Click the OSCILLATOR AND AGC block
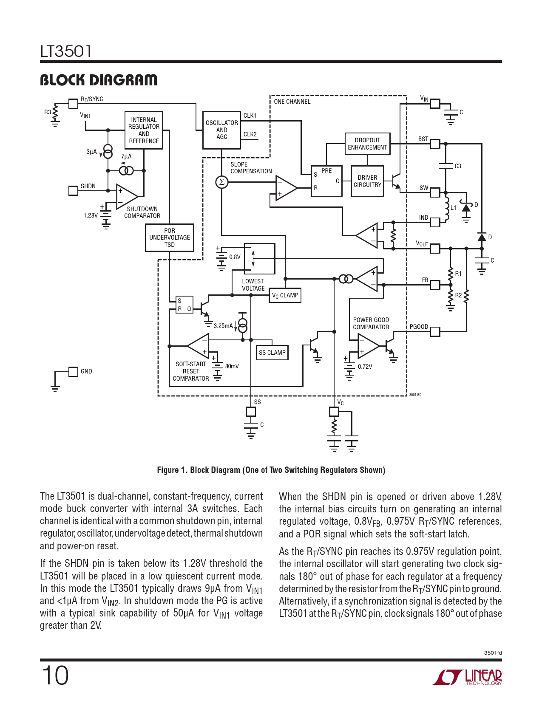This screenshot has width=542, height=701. tap(221, 130)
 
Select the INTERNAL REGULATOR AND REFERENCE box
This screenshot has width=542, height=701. tap(144, 130)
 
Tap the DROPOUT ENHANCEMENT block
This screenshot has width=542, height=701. tap(367, 144)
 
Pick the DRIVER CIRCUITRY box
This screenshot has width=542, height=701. tap(367, 181)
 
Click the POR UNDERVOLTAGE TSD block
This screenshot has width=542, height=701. tap(170, 237)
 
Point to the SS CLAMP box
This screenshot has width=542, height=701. tap(272, 353)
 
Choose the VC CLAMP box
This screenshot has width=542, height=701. tap(285, 295)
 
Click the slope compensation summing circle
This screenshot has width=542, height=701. tap(222, 182)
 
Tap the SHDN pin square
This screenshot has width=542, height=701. tap(73, 191)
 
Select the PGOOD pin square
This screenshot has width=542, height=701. tap(435, 332)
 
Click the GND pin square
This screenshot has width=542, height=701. tap(73, 372)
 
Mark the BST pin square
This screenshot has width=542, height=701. tap(435, 144)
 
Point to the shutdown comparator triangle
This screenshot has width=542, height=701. tap(127, 196)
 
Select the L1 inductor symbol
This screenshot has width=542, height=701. tap(447, 208)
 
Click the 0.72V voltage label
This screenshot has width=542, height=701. tap(365, 367)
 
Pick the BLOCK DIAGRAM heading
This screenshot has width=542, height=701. tap(99, 80)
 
